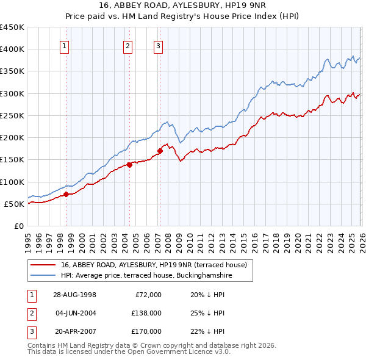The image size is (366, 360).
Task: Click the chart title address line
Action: (182, 5)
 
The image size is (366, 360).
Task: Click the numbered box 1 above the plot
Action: (65, 45)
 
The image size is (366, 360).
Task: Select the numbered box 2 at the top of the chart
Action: (127, 45)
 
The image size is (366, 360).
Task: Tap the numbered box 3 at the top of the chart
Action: (158, 45)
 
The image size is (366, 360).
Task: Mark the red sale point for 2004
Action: (130, 165)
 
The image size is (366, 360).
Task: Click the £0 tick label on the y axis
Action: (18, 226)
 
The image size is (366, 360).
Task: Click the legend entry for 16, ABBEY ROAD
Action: (153, 265)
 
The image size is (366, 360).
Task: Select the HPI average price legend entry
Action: (146, 276)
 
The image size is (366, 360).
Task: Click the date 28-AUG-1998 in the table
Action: (74, 294)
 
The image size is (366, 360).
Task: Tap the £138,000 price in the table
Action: (147, 313)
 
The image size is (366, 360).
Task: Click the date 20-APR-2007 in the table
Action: (74, 331)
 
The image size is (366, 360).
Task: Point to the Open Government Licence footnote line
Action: (129, 352)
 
